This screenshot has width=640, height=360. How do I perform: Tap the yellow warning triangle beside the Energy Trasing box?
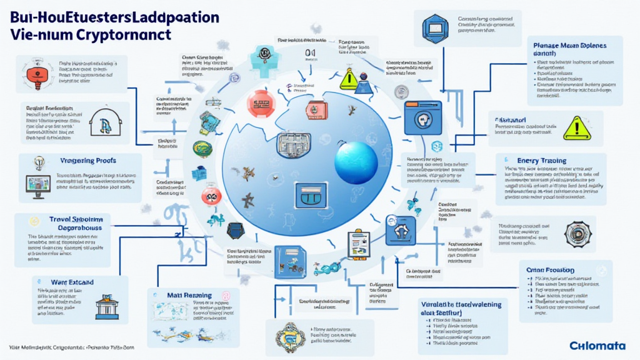coord(576,128)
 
